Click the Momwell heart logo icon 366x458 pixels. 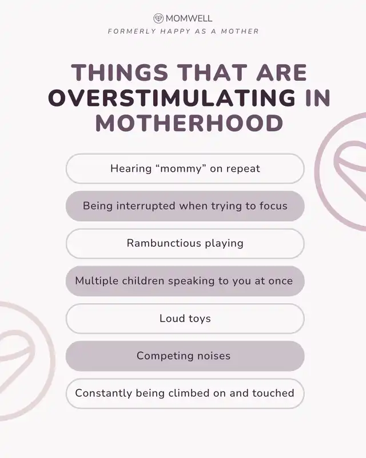click(158, 18)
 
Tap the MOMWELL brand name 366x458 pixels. click(189, 18)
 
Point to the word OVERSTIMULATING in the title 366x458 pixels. click(172, 97)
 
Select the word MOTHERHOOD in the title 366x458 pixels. click(189, 123)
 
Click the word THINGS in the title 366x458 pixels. click(120, 72)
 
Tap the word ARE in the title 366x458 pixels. click(282, 72)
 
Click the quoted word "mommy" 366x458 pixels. click(181, 168)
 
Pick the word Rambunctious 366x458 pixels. click(164, 243)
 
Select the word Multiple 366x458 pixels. click(97, 281)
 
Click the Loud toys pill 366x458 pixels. click(185, 318)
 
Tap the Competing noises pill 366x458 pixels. click(185, 356)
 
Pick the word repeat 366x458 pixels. click(243, 169)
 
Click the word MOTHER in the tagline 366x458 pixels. click(240, 31)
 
